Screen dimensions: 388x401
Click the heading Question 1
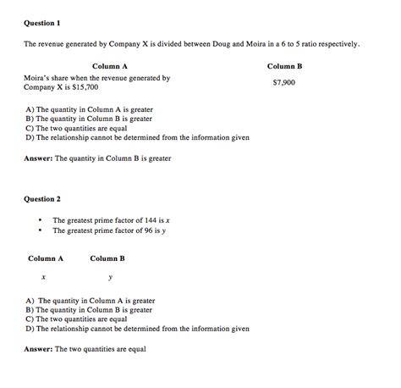(x=42, y=22)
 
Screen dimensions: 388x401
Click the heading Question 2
(x=42, y=199)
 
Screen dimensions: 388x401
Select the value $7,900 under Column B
(x=284, y=83)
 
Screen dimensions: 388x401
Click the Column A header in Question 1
(x=110, y=65)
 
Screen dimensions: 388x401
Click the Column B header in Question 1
(x=284, y=65)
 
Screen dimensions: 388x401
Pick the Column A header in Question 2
(x=46, y=258)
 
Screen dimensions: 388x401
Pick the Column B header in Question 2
(x=107, y=258)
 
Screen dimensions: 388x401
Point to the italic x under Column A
(x=43, y=277)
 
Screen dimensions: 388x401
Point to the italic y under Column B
(x=109, y=278)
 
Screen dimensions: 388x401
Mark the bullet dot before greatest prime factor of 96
(x=40, y=230)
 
